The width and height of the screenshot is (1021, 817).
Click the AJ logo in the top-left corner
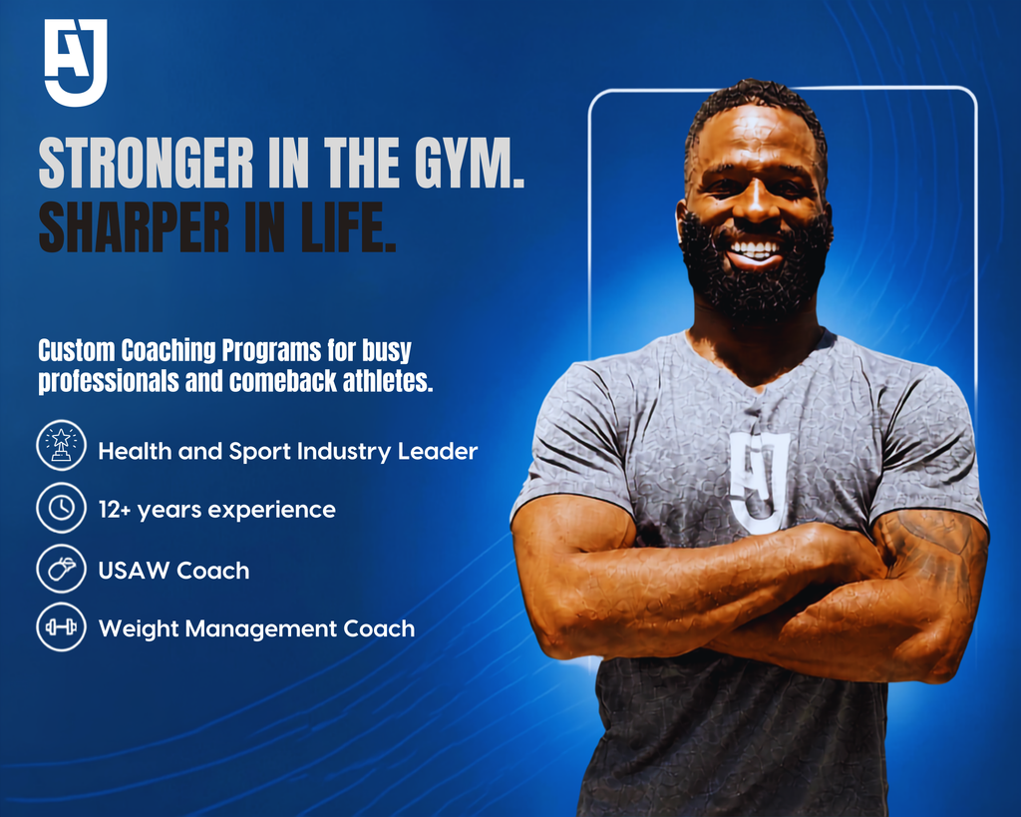[76, 63]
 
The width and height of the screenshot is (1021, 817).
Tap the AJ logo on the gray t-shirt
[760, 481]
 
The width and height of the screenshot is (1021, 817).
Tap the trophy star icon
[61, 446]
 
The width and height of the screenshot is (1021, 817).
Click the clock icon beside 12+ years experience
[61, 508]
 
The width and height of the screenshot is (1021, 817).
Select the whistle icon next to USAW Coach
[61, 569]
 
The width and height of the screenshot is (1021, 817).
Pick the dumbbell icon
[61, 626]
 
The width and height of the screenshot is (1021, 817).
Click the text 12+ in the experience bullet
[115, 510]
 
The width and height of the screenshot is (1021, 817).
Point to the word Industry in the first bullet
[343, 452]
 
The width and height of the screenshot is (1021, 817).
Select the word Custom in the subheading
[76, 350]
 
